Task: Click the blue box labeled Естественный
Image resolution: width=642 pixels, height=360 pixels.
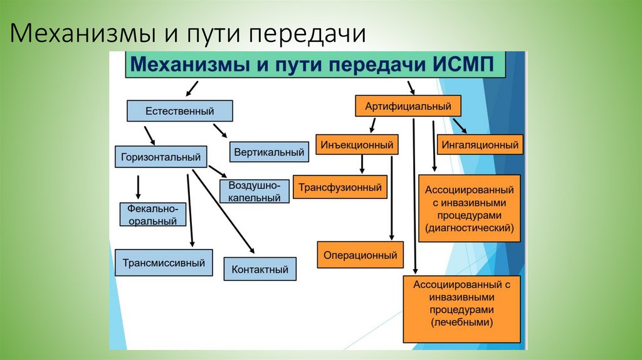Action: (180, 111)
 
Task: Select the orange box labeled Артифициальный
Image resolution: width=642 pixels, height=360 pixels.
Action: (408, 105)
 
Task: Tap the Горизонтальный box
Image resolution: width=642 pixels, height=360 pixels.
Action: (162, 157)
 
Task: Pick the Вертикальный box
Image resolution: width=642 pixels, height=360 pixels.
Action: (270, 152)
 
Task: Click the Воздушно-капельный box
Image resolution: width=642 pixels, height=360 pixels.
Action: (255, 191)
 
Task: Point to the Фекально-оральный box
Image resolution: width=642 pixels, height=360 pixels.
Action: (154, 214)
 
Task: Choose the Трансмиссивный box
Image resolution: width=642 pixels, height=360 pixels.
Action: (164, 263)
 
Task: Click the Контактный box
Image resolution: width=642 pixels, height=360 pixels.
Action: (260, 269)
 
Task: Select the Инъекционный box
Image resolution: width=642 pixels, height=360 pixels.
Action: (357, 145)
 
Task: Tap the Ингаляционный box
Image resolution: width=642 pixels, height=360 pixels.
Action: (480, 145)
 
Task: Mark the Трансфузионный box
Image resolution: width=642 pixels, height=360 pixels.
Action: (340, 187)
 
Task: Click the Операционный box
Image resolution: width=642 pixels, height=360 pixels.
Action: (360, 255)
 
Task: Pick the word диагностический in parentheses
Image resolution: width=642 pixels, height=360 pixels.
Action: (470, 228)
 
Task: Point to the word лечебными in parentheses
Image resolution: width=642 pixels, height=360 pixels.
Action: (462, 322)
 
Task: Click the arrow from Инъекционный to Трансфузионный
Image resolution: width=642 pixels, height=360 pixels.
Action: (362, 164)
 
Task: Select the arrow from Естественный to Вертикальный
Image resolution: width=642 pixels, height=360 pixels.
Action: (220, 130)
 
